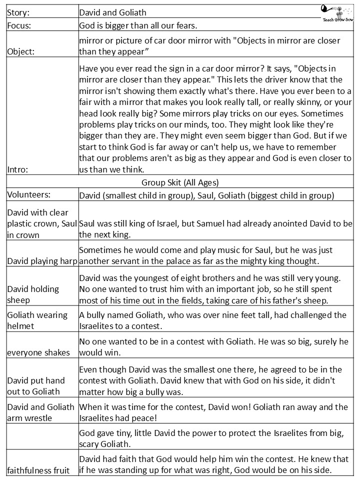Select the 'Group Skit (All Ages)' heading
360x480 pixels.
coord(180,182)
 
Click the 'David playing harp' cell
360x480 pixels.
coord(42,260)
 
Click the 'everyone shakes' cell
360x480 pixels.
coord(38,352)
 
